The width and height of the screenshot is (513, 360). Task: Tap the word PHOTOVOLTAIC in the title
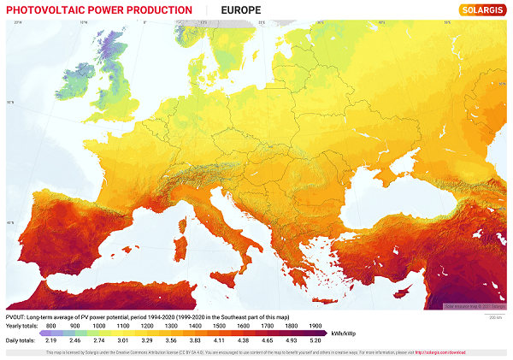point(40,10)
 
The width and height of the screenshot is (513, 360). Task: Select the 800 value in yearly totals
point(51,326)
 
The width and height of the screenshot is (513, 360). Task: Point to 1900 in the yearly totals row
point(315,326)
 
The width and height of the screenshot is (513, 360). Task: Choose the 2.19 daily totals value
point(51,340)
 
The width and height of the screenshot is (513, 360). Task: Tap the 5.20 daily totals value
point(315,340)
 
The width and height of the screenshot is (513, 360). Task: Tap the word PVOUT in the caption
point(15,317)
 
